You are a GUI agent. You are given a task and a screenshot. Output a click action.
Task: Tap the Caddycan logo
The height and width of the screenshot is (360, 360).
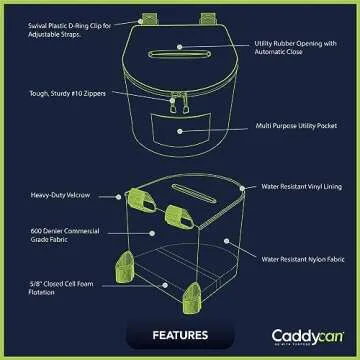click(x=301, y=335)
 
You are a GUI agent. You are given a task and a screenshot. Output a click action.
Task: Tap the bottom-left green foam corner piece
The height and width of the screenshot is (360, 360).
click(x=126, y=267)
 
